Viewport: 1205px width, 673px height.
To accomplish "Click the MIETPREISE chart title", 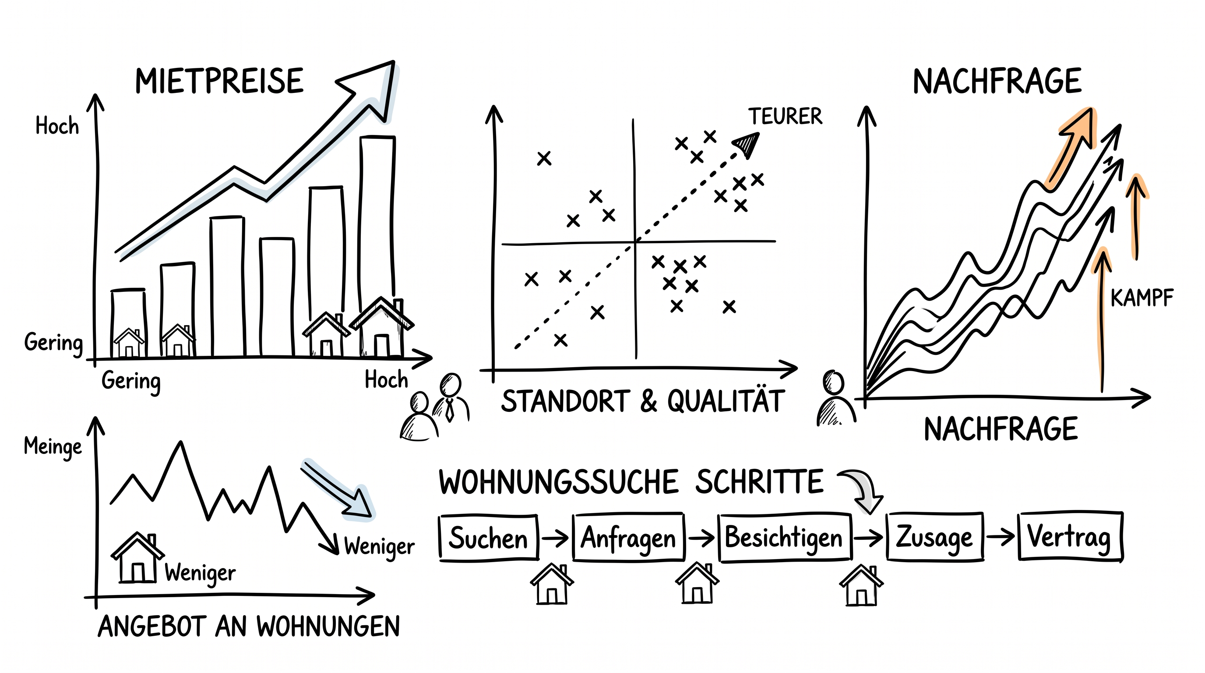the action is [219, 81].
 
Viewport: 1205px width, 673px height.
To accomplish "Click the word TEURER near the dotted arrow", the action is [786, 116].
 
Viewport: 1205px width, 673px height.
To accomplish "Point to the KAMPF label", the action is [1142, 298].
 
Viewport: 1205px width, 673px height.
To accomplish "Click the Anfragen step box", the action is [629, 537].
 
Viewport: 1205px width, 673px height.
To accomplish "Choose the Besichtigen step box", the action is [785, 537].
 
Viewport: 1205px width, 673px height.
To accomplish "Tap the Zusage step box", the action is [935, 536].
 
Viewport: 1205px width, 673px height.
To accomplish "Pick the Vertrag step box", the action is [1070, 536].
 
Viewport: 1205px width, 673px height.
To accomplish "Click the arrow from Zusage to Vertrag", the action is [1000, 536].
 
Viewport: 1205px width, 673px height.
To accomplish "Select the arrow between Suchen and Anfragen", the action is [555, 538].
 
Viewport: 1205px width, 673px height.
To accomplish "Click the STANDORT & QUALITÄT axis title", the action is [643, 401].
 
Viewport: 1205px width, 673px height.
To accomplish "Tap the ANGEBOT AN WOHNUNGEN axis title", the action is [249, 626].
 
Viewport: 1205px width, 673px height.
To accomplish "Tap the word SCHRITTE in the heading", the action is [759, 482].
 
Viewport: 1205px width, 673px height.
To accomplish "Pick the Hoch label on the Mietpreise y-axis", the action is [57, 126].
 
